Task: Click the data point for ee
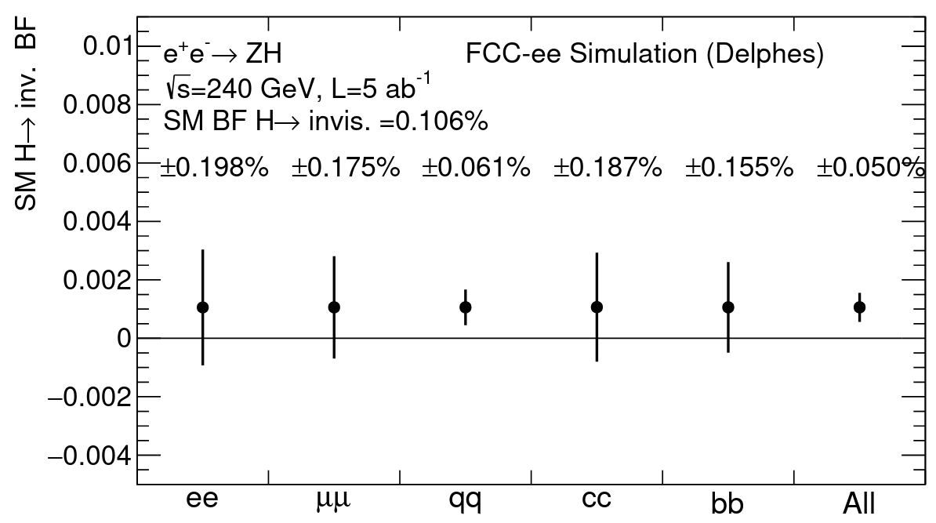tap(203, 307)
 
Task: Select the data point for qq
tap(466, 307)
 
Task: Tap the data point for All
tap(859, 307)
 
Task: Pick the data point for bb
tap(728, 307)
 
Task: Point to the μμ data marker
tap(334, 307)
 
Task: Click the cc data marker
tap(597, 307)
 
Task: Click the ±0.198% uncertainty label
tap(215, 167)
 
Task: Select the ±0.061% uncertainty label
tap(477, 167)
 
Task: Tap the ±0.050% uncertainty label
tap(867, 167)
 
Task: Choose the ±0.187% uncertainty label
tap(608, 167)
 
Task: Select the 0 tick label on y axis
tap(123, 339)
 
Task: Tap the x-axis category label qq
tap(466, 500)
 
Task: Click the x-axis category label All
tap(859, 502)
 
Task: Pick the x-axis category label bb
tap(728, 502)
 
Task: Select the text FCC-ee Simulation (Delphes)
tap(644, 56)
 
